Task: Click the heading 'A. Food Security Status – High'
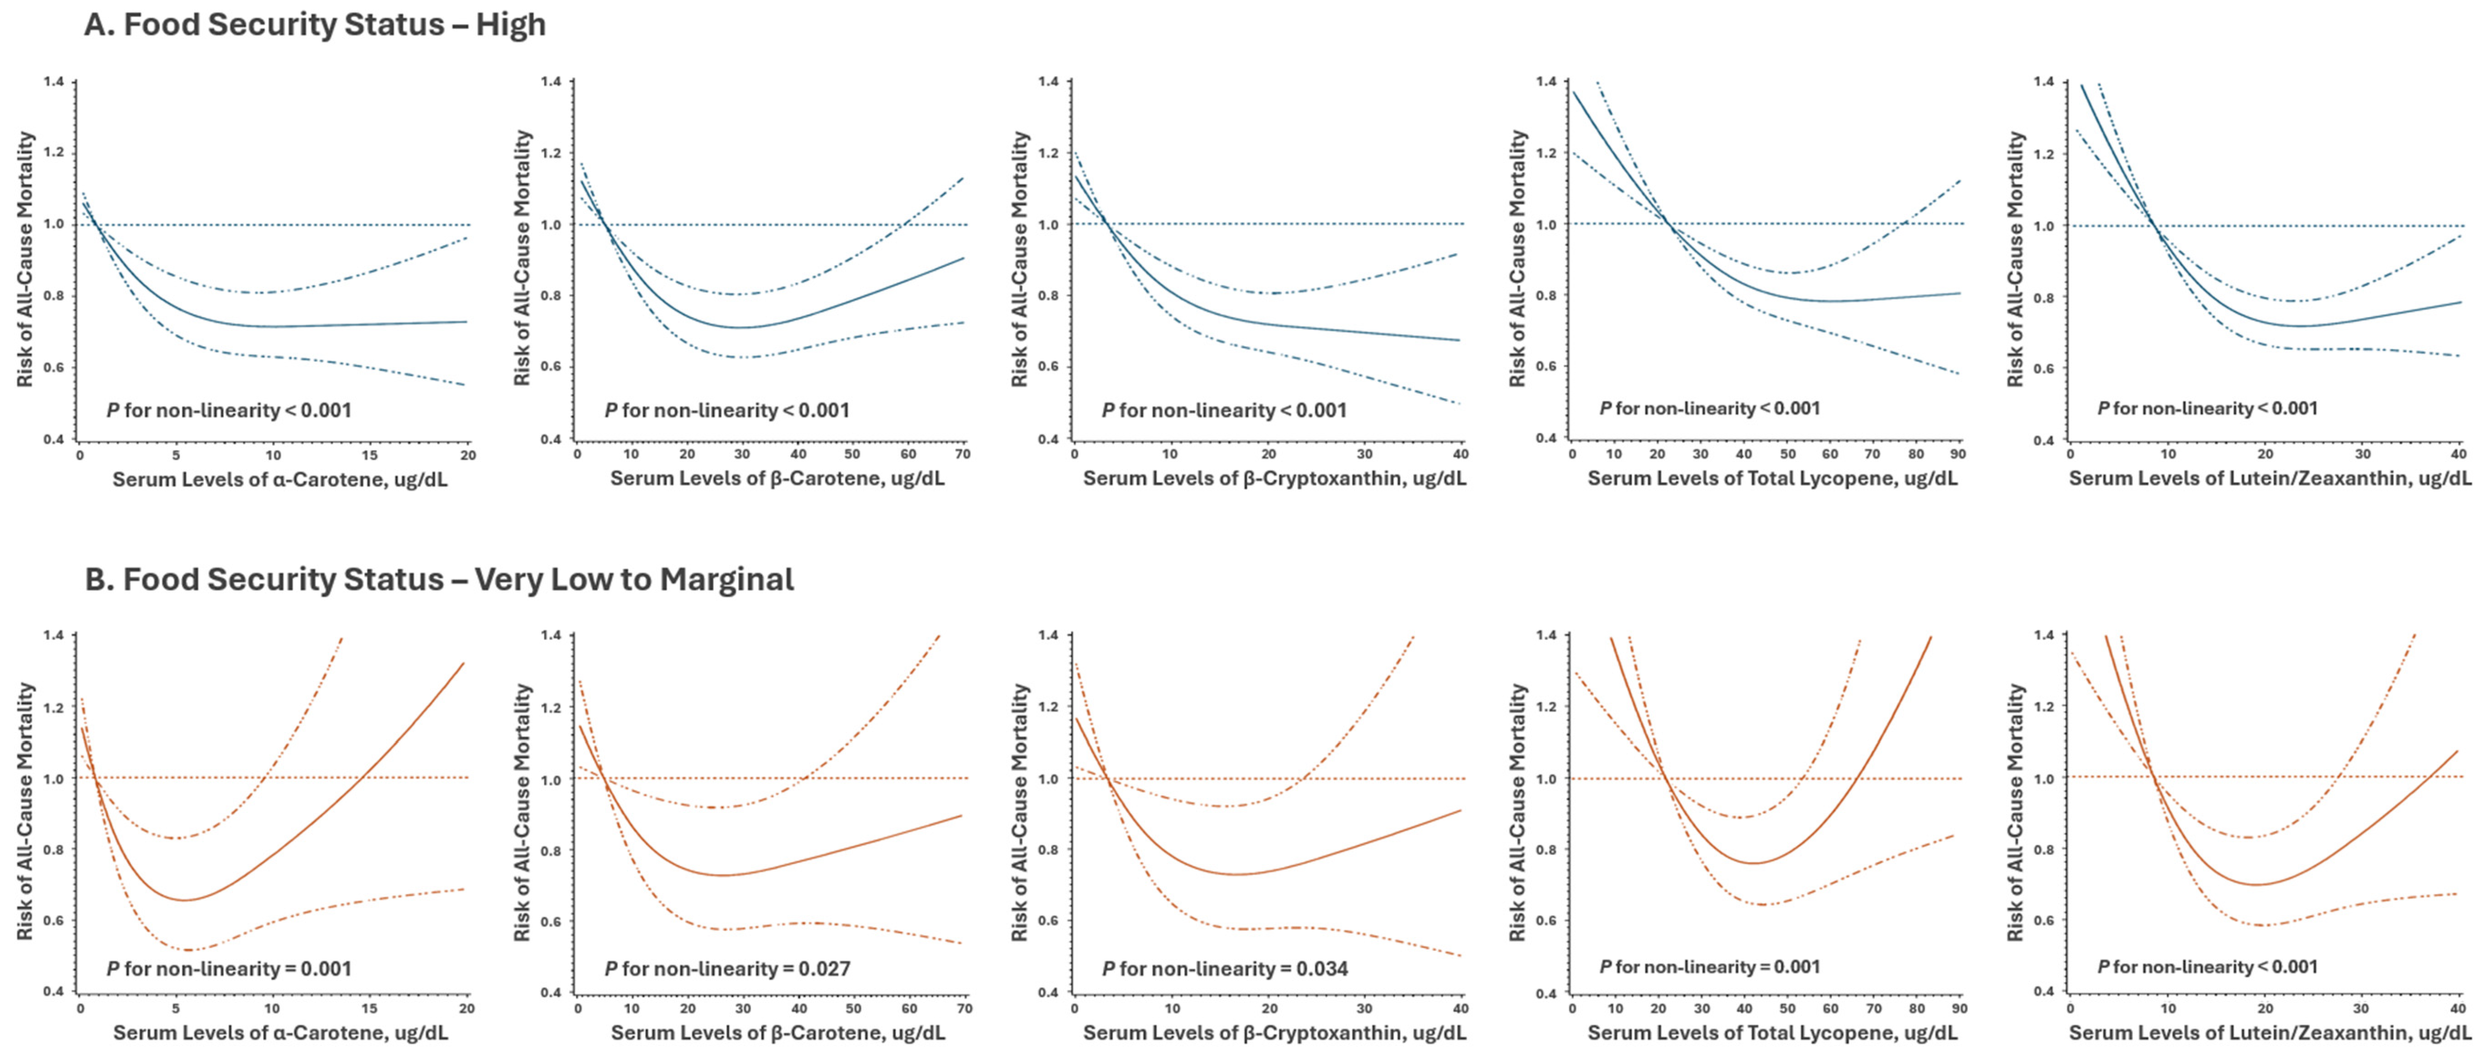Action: click(315, 24)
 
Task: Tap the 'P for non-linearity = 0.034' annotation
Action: click(1225, 968)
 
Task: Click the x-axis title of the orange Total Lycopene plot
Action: click(1773, 1033)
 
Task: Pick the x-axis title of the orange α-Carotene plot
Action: click(280, 1033)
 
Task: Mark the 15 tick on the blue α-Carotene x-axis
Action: click(369, 455)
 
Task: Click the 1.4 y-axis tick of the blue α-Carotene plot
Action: click(54, 82)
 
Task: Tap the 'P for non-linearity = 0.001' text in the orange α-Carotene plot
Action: click(229, 968)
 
